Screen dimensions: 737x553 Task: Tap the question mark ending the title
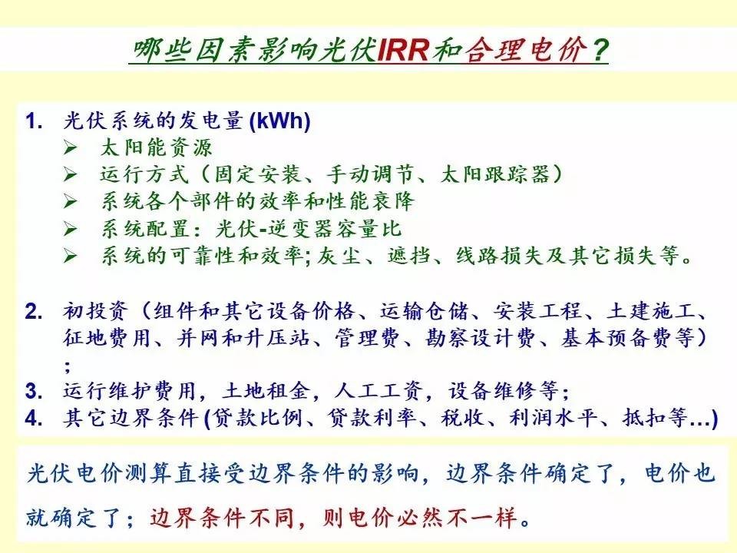(x=600, y=49)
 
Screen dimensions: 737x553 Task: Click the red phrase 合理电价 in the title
(x=527, y=49)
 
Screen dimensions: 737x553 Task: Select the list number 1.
(x=35, y=121)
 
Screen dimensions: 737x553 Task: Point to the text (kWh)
(x=280, y=121)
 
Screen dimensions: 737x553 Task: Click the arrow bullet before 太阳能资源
(x=71, y=147)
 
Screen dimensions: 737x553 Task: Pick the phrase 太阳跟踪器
(x=495, y=174)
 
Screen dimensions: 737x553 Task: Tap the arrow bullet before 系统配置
(x=71, y=230)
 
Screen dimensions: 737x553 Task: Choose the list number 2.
(x=34, y=312)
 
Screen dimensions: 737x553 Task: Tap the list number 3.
(x=34, y=391)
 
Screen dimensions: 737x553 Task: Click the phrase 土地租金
(x=267, y=390)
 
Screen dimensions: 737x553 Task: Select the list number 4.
(x=34, y=418)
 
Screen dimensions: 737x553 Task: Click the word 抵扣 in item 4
(x=644, y=417)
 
